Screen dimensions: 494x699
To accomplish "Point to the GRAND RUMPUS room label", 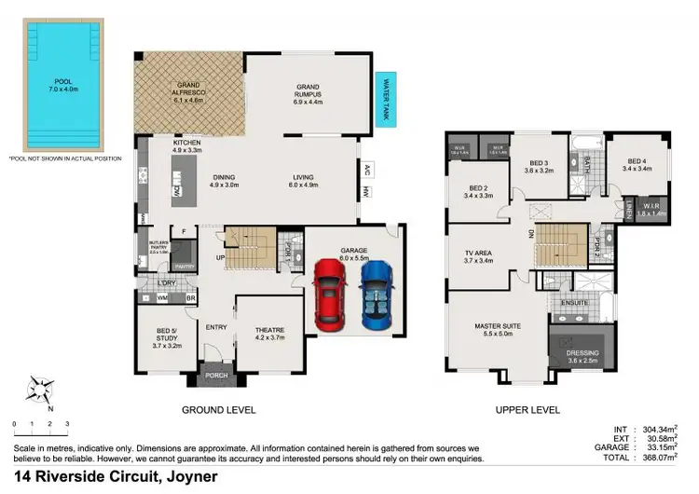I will coord(308,88).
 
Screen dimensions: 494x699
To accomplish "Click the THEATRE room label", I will coord(269,334).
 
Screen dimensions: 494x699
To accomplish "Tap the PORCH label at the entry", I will coord(216,377).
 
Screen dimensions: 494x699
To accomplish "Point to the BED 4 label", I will coord(636,163).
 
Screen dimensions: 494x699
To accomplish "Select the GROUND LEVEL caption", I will coord(218,410).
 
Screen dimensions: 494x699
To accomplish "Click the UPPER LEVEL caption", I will coord(528,410).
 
